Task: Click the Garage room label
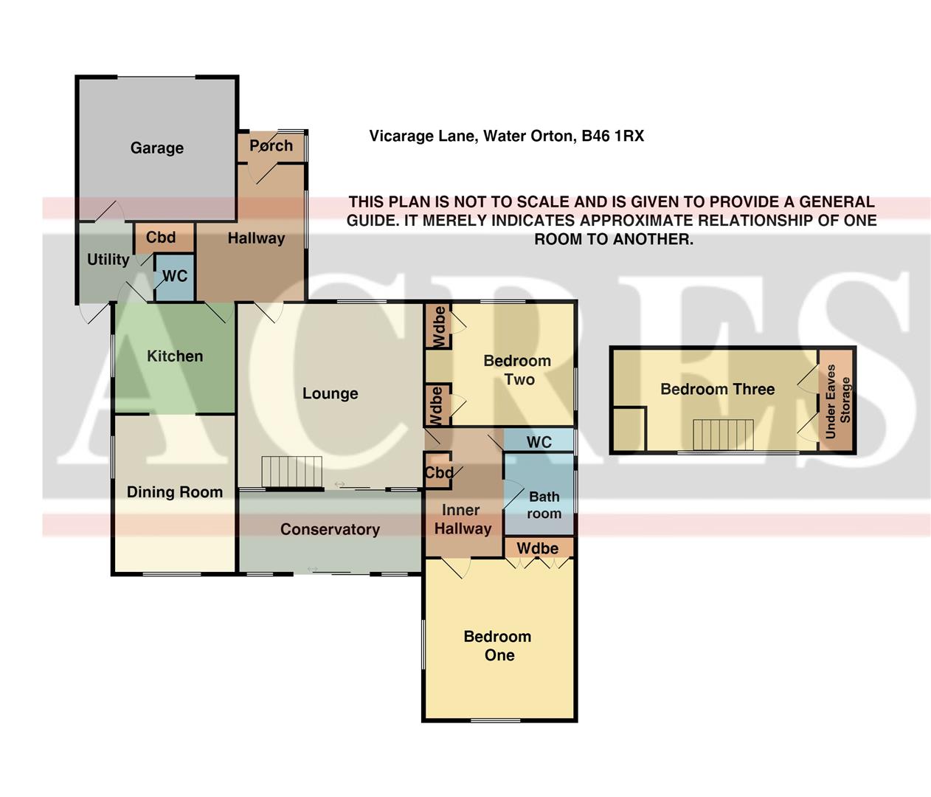click(x=156, y=148)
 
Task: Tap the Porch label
click(x=271, y=145)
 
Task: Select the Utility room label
click(x=108, y=259)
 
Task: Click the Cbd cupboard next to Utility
click(x=161, y=238)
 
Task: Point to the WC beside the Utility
click(x=175, y=276)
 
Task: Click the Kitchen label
click(x=175, y=356)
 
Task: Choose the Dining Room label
click(x=175, y=492)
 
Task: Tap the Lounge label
click(x=330, y=393)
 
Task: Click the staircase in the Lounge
click(x=293, y=472)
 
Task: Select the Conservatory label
click(x=330, y=529)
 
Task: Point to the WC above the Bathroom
click(x=539, y=442)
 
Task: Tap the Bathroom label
click(x=544, y=505)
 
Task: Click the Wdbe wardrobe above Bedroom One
click(x=537, y=548)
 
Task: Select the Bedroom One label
click(x=498, y=646)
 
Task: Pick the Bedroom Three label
click(x=717, y=389)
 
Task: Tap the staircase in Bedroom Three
click(x=723, y=434)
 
